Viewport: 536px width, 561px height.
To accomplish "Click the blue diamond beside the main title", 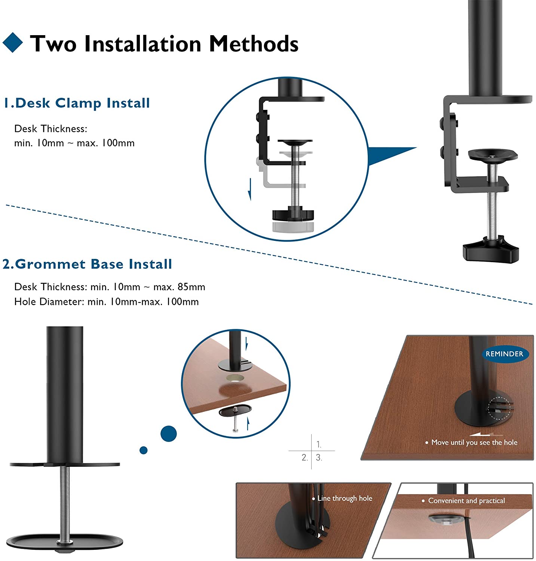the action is tap(13, 42).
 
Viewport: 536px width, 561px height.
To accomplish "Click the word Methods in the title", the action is tap(254, 43).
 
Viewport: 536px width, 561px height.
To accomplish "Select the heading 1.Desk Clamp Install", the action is tap(77, 103).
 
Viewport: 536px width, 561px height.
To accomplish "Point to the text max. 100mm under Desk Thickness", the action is tap(105, 143).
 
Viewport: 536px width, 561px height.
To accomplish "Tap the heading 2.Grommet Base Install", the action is tap(87, 264).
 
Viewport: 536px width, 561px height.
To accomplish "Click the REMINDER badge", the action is tap(504, 354).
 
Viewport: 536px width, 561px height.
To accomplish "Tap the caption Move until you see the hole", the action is tap(474, 442).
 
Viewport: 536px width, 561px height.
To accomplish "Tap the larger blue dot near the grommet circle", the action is tap(168, 433).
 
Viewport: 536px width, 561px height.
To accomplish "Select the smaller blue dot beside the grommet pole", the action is tap(143, 450).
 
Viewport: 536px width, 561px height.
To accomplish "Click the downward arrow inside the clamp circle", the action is tap(250, 189).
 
